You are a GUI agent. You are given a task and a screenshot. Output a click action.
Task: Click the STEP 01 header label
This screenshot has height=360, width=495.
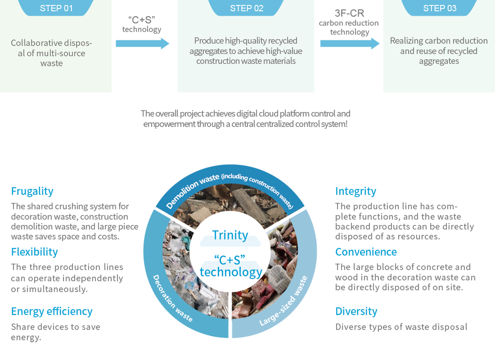coord(56,8)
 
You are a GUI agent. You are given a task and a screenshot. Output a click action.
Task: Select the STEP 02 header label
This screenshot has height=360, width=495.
coord(247,8)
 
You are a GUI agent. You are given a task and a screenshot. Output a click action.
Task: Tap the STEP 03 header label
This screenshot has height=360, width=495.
coord(439,8)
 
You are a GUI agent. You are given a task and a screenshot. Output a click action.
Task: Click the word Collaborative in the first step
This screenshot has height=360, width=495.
coord(32,43)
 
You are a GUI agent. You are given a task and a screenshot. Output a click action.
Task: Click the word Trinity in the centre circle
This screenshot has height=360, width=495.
coord(230,235)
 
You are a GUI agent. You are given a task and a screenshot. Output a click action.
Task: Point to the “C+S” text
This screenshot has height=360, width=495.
coord(230,259)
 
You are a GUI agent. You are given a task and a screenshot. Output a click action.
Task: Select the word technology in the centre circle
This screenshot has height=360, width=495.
coord(231,272)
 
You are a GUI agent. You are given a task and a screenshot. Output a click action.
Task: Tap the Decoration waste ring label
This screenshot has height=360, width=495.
coord(172,298)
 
